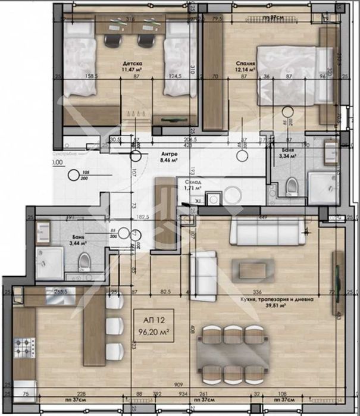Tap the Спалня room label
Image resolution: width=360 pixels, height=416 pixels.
245,62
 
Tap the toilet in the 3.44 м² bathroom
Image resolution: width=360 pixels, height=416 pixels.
85,259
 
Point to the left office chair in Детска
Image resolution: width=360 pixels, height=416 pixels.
113,39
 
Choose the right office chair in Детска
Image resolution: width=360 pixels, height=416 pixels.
146,39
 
